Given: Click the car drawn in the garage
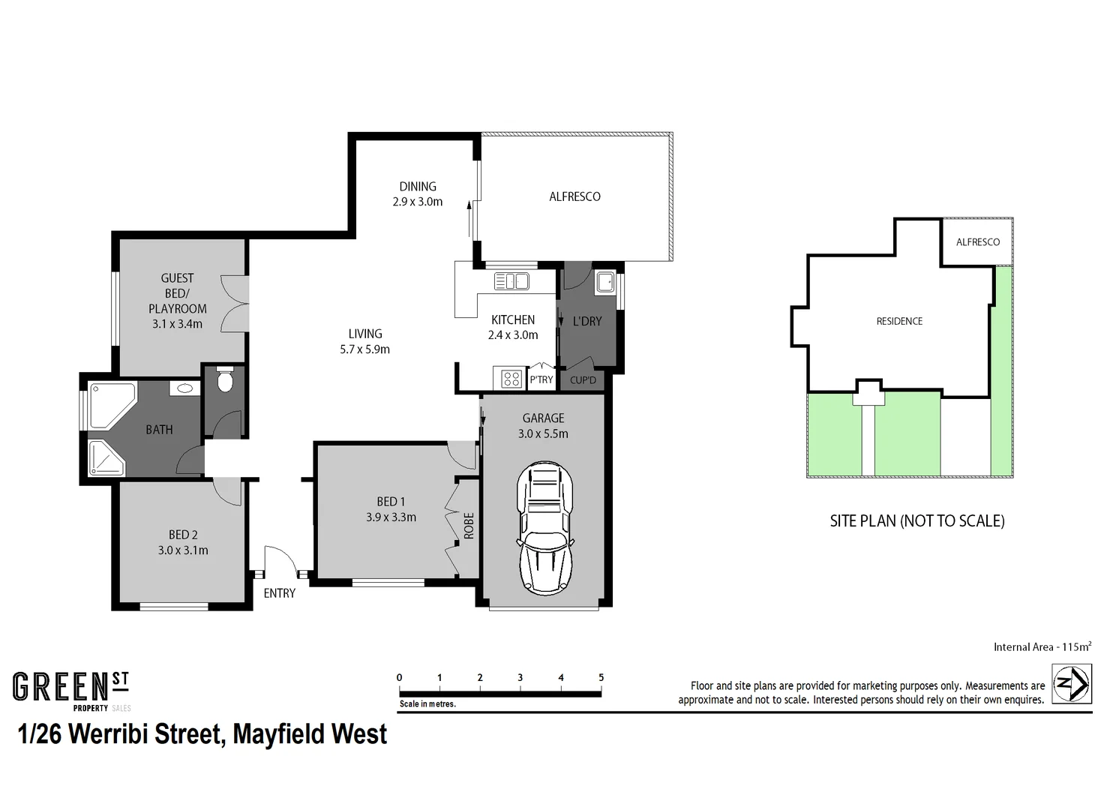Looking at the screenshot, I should coord(544,528).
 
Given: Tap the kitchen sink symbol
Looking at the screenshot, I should coord(511,281).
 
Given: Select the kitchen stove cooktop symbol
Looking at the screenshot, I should coord(511,379).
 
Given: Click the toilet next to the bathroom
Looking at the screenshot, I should coord(224,382).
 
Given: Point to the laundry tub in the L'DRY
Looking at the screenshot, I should coord(604,283).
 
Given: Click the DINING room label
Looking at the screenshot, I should coord(418,187).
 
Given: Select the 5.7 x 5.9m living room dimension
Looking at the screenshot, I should coord(364,349).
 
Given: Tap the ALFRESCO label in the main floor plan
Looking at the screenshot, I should coord(574,196).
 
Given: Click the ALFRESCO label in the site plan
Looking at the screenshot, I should coord(977,242).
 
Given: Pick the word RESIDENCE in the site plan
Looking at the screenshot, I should coord(899,321).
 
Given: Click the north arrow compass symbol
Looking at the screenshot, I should coord(1071,684).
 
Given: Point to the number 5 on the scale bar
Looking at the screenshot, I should coord(601,677).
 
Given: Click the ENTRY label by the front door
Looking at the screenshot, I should coord(279,593).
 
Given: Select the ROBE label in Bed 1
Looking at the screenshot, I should coord(469,525).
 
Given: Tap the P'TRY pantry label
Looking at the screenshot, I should coord(541,379).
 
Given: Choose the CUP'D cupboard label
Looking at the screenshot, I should coord(583,380).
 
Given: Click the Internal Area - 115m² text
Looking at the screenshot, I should coord(1042,646).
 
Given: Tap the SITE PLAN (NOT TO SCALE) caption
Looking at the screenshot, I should coord(916,520).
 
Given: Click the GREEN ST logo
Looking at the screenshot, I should coord(71,690).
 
